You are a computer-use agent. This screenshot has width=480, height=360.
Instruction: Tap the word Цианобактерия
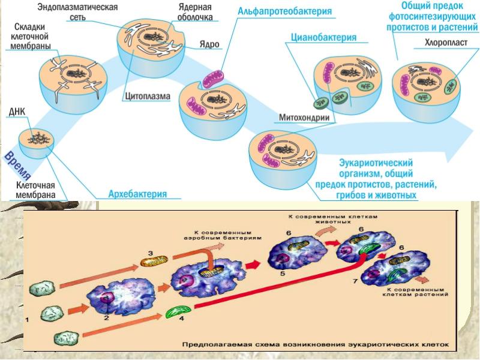pyautogui.click(x=324, y=37)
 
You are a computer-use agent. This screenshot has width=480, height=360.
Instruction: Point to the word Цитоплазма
pyautogui.click(x=148, y=95)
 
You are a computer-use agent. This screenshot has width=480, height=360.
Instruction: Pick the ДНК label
pyautogui.click(x=17, y=111)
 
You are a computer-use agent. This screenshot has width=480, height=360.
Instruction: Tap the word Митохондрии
pyautogui.click(x=305, y=118)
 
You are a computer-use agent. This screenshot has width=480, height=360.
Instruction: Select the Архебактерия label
pyautogui.click(x=137, y=194)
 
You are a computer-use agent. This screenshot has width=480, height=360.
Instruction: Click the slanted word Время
pyautogui.click(x=17, y=166)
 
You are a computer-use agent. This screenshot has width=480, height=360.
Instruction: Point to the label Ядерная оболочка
pyautogui.click(x=195, y=12)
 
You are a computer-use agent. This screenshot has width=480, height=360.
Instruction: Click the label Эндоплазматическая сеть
pyautogui.click(x=77, y=12)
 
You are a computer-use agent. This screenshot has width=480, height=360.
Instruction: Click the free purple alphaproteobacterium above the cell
pyautogui.click(x=211, y=79)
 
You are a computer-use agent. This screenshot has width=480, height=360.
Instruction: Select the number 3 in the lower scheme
pyautogui.click(x=151, y=253)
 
